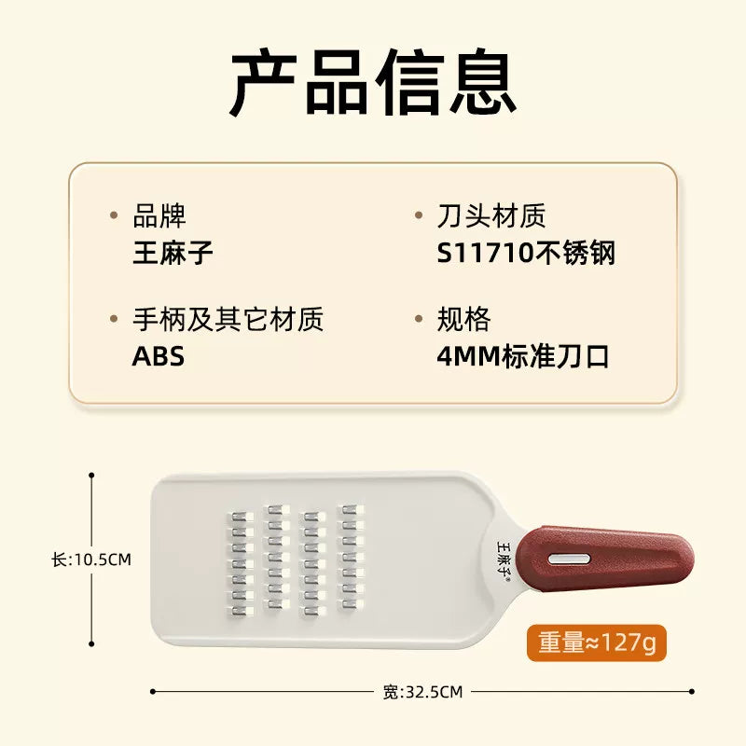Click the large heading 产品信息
pos(373,82)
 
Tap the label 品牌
pos(159,215)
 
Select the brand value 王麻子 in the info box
pos(173,253)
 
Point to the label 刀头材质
pos(491,215)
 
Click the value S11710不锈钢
pos(526,253)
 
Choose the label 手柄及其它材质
pos(228,319)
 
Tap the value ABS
pos(158,356)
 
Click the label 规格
pos(463,319)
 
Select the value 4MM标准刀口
pos(523,356)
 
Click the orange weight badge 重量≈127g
pos(597,642)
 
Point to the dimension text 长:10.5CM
pos(91,559)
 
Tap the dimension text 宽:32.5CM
pos(422,692)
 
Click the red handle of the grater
pos(604,558)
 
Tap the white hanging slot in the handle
pos(569,559)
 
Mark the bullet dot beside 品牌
pos(114,215)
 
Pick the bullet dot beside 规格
pos(419,318)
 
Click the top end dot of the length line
pos(91,475)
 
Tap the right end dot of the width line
pos(691,691)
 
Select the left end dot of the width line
pos(153,691)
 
